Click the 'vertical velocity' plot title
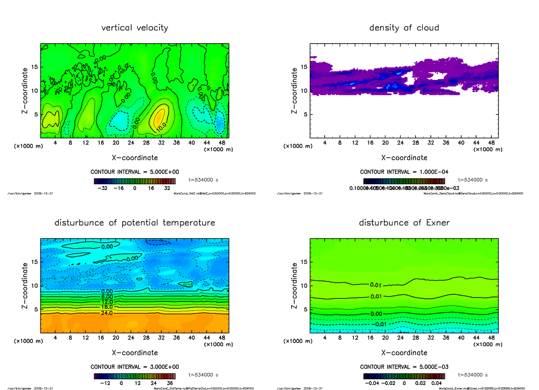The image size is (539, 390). [135, 28]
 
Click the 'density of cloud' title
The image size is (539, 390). [404, 28]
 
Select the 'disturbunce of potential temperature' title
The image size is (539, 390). [135, 223]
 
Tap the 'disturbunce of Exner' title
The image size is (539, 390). [404, 223]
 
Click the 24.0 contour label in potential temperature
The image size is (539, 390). [107, 313]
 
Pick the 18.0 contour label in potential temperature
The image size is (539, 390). [107, 307]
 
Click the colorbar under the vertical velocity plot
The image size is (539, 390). [135, 181]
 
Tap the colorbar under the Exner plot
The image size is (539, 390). [404, 376]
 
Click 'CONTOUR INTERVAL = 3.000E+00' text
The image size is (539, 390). [135, 367]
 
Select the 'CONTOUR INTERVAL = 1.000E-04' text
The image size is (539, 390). [404, 172]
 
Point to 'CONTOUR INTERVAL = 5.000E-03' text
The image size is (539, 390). [404, 367]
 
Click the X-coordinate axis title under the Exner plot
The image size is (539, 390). [404, 353]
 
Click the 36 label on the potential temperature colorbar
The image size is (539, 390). [170, 384]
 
